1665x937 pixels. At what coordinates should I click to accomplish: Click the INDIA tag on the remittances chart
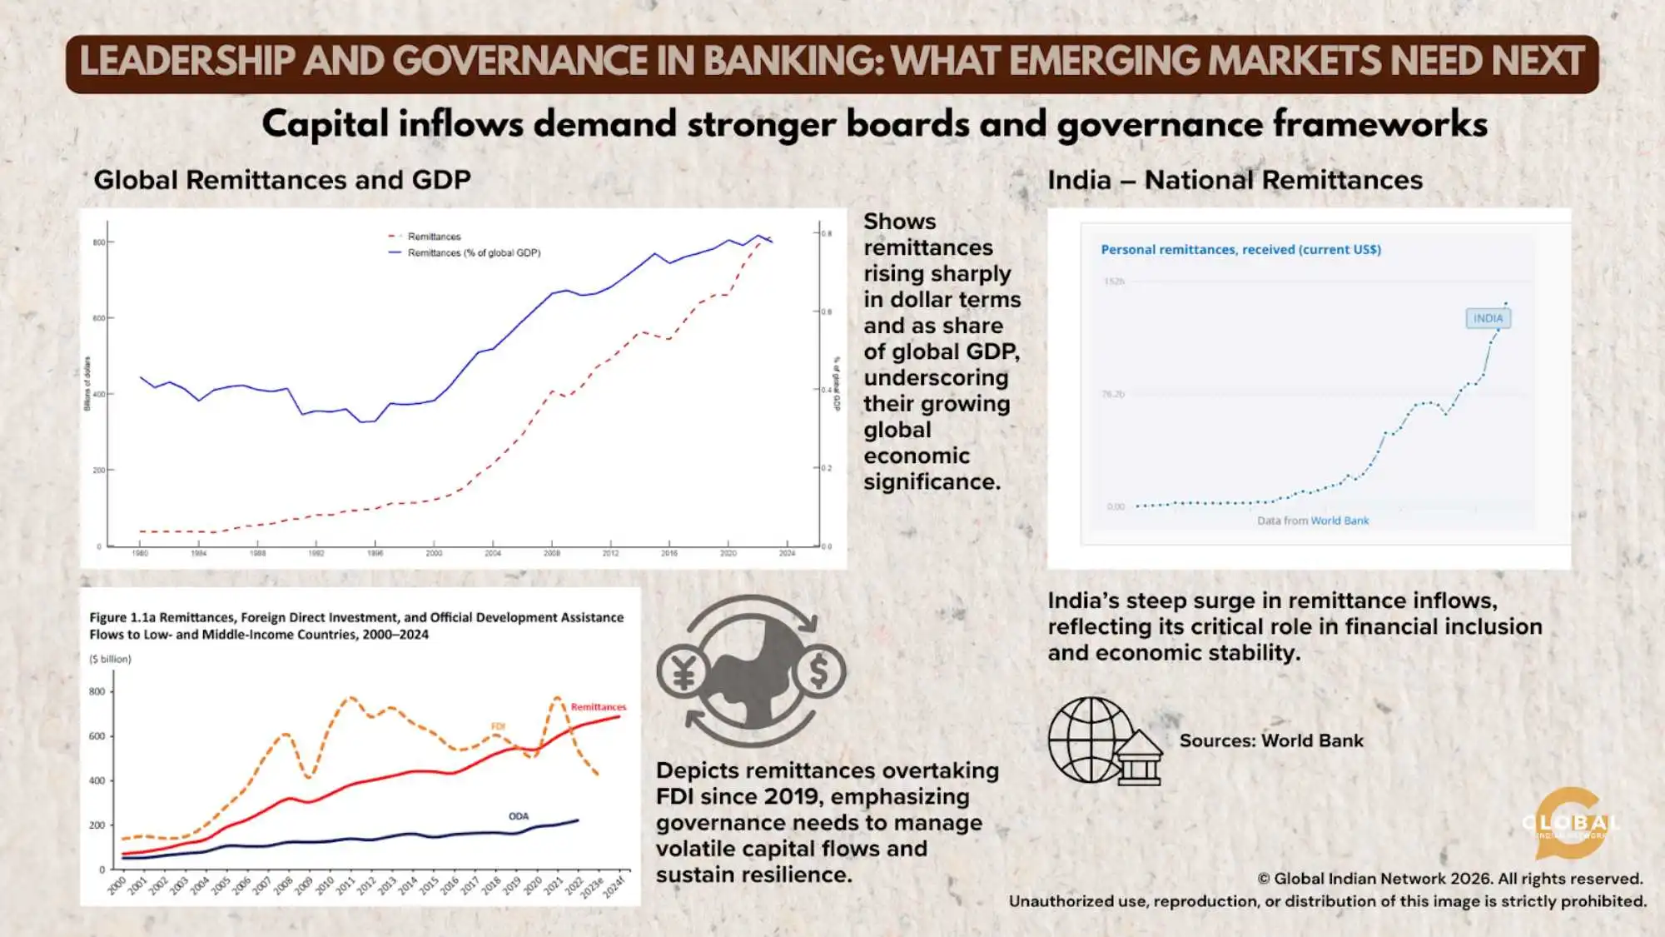click(x=1488, y=318)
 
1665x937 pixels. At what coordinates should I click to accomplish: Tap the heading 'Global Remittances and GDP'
click(x=282, y=180)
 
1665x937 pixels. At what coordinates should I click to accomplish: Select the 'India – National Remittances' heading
click(x=1235, y=180)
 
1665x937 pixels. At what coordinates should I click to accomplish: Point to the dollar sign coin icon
click(x=819, y=672)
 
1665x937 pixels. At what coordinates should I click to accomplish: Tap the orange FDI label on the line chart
click(x=498, y=726)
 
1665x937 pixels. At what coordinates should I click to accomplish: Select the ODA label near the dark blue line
click(x=519, y=816)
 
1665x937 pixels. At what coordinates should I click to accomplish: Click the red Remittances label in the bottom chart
click(x=598, y=707)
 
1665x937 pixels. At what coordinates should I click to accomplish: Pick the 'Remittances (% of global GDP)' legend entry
click(x=473, y=253)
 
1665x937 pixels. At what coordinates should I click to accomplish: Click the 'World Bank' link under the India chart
click(x=1339, y=521)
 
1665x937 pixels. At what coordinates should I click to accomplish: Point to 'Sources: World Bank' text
click(x=1271, y=740)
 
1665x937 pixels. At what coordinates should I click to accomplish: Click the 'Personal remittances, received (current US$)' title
click(x=1240, y=250)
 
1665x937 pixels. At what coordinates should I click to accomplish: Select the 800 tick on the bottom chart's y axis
click(x=97, y=691)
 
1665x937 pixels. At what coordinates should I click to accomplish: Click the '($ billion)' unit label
click(x=111, y=659)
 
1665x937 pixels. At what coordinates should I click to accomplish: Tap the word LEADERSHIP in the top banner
click(x=187, y=62)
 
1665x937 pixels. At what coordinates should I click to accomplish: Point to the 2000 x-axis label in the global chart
click(x=434, y=553)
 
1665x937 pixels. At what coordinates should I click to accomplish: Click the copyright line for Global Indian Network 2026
click(x=1449, y=879)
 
